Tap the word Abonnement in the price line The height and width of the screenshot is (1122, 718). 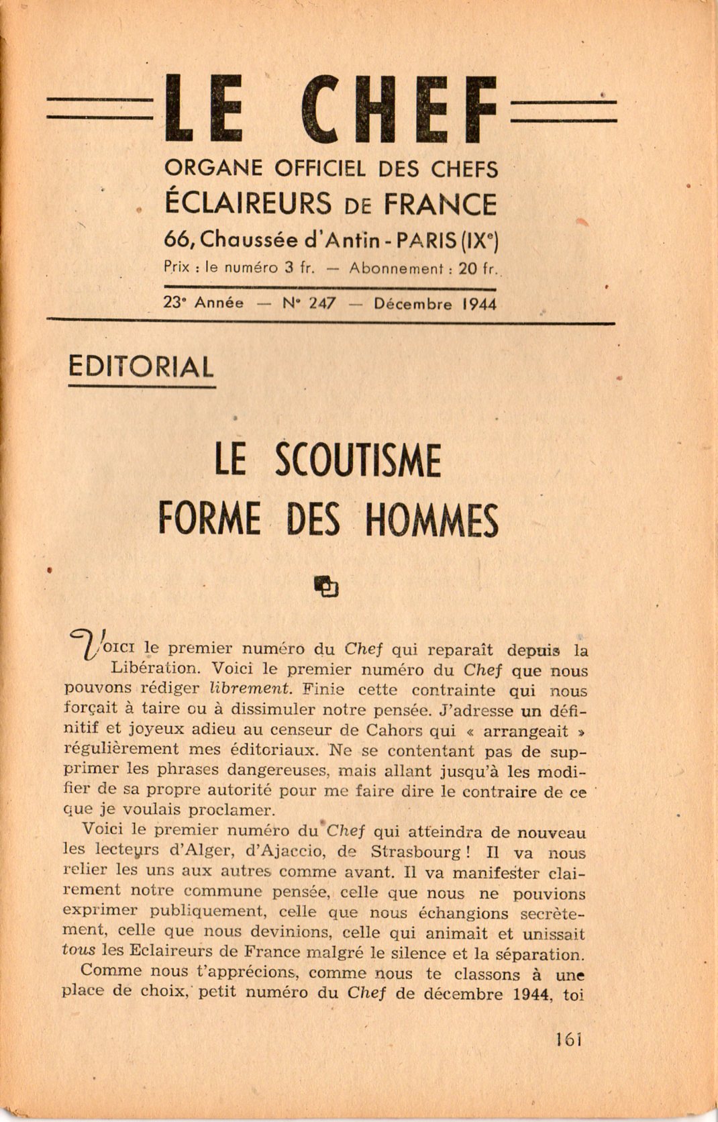point(397,267)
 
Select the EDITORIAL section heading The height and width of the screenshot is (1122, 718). point(141,367)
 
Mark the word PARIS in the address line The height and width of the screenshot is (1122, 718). point(419,239)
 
